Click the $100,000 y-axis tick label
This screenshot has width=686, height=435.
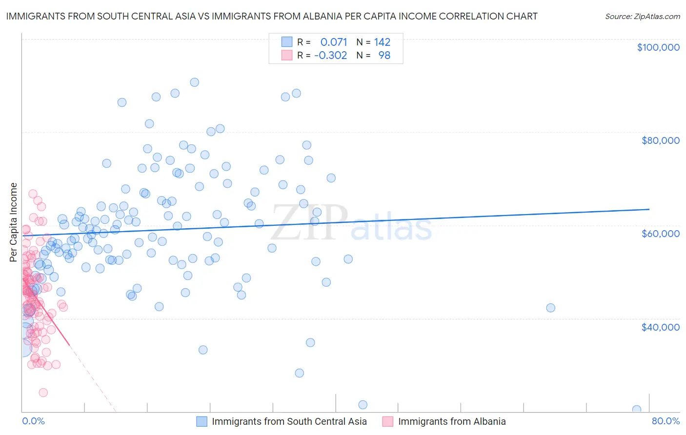tap(658, 47)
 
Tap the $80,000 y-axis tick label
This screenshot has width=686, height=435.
tap(660, 140)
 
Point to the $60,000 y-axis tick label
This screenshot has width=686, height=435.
tap(660, 234)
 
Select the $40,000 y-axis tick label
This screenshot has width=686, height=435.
tap(660, 327)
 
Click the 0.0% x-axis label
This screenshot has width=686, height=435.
tap(33, 421)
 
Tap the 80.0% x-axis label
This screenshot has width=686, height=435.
tap(666, 421)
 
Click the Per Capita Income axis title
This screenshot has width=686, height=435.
tap(14, 222)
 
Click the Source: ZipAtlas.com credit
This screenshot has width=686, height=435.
tap(642, 17)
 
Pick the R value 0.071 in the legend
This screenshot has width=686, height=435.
tap(334, 42)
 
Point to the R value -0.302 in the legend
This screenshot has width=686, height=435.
tap(331, 55)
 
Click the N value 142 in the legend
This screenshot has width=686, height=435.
tap(382, 42)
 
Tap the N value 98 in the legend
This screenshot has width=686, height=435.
tap(384, 55)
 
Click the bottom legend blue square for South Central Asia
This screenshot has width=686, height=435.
tap(202, 421)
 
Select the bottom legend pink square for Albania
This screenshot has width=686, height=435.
tap(388, 421)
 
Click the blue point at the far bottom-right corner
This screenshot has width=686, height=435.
tap(636, 410)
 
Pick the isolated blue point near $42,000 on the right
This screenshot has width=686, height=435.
tap(550, 308)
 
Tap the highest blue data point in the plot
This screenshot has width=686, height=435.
tap(194, 82)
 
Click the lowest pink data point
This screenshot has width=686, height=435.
tap(43, 393)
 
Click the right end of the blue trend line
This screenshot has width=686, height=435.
tap(649, 209)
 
